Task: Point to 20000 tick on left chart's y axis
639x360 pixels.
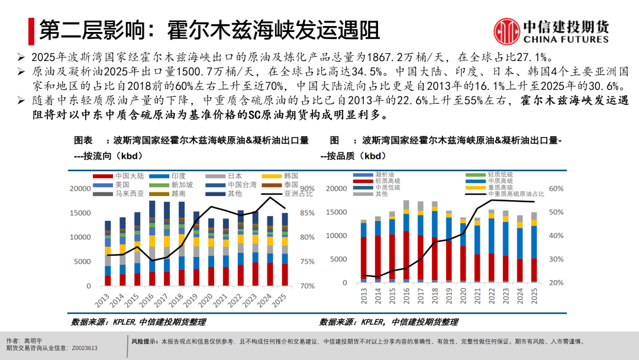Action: (80, 188)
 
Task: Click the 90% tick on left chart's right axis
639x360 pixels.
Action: (308, 188)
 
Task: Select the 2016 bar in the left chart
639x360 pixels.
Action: (152, 243)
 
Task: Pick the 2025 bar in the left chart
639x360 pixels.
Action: (285, 249)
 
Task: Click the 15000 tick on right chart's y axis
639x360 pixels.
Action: (335, 212)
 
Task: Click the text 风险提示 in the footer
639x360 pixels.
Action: (144, 342)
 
